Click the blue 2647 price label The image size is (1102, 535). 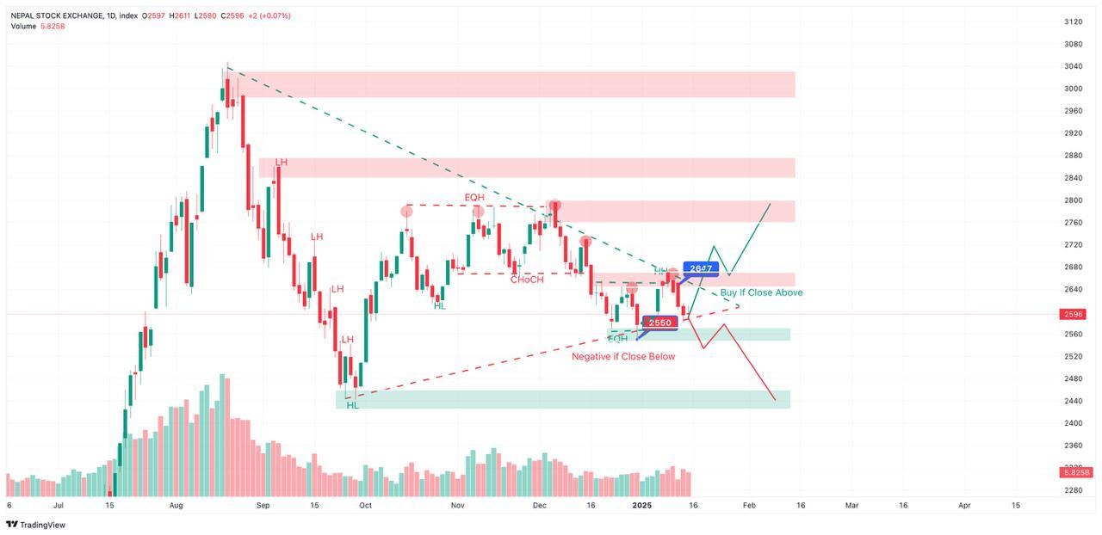tap(701, 268)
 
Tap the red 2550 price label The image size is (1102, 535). tap(659, 323)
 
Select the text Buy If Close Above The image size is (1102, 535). tap(761, 292)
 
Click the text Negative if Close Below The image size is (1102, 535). tap(623, 356)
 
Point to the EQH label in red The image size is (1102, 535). tap(474, 198)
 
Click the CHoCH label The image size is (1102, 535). tap(527, 280)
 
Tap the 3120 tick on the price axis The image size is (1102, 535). tap(1073, 22)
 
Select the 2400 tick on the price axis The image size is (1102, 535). tap(1073, 423)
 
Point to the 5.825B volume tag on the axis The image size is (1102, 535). tap(1076, 472)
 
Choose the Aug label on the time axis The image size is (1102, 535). tap(176, 506)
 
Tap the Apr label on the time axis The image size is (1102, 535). tap(965, 506)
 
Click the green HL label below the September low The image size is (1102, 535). tap(353, 405)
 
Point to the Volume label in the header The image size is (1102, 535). tap(24, 27)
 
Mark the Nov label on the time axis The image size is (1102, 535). tap(457, 506)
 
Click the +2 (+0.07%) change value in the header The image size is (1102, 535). tap(269, 15)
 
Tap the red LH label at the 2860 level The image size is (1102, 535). tap(282, 162)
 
